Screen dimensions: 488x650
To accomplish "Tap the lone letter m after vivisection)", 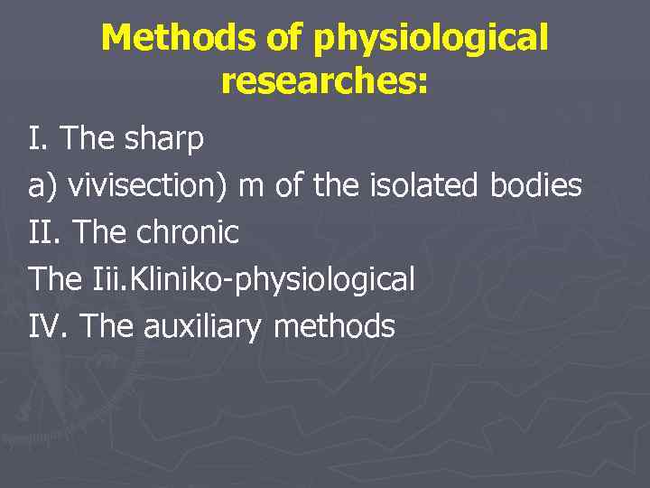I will pos(253,186).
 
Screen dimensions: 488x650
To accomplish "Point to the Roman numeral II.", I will pos(43,233).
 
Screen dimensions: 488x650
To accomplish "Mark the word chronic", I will pos(188,233).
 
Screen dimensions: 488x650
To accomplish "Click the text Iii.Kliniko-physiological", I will pos(254,280).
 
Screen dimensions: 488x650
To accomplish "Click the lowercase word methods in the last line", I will pos(333,326).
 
